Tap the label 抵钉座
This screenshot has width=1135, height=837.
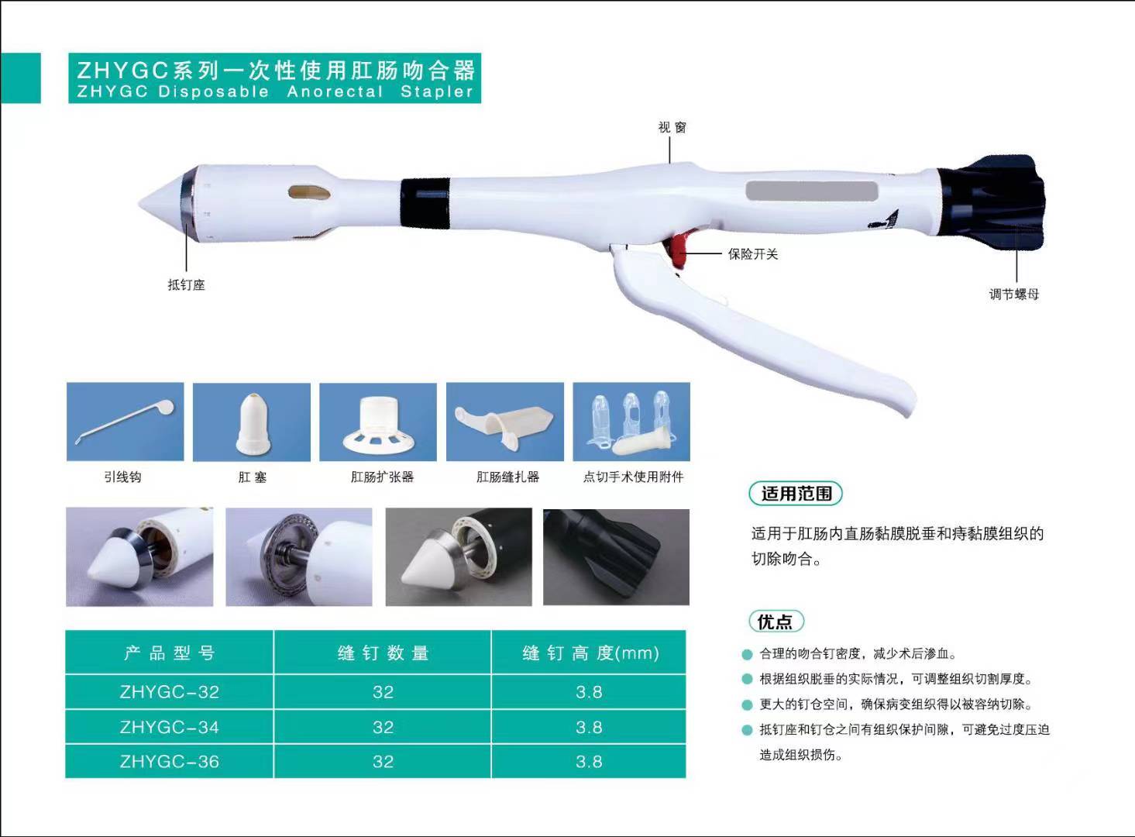(x=187, y=285)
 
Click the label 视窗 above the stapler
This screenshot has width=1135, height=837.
(x=672, y=127)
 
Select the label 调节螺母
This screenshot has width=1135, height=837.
(x=1013, y=294)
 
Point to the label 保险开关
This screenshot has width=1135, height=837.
(x=752, y=254)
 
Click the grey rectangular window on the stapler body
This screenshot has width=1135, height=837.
(x=810, y=191)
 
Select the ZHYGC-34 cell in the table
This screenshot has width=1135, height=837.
(x=170, y=728)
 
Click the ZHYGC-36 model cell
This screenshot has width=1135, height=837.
(x=170, y=762)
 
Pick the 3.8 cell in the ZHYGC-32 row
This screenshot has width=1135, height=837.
(x=589, y=692)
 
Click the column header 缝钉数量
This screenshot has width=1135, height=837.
(x=383, y=653)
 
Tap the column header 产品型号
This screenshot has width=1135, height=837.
(x=170, y=653)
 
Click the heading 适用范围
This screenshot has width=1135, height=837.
(x=796, y=494)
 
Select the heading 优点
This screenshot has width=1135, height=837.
(x=776, y=622)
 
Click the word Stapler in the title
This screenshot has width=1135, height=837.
(x=436, y=92)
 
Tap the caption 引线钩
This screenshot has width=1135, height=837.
(x=123, y=477)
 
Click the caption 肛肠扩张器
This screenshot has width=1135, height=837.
(x=383, y=477)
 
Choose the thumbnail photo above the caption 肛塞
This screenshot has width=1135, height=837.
(x=252, y=422)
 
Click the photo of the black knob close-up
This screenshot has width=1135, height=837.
(x=616, y=556)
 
